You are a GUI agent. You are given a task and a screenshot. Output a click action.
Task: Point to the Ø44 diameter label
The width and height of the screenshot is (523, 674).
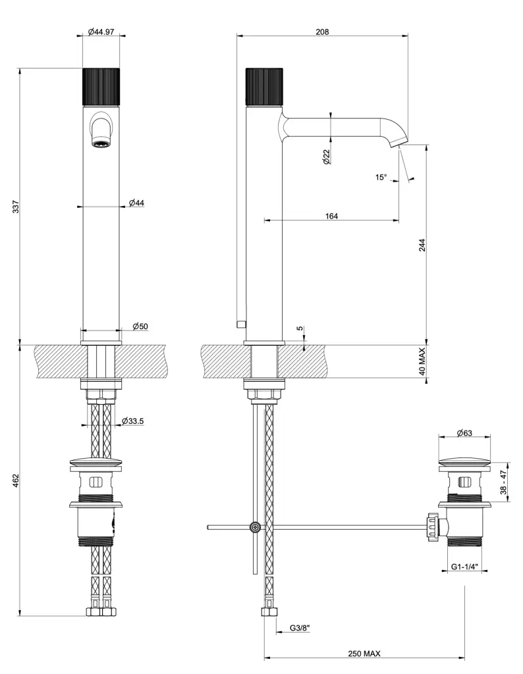pos(136,203)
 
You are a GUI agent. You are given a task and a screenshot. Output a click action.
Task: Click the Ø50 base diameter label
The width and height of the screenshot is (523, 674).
pos(140,326)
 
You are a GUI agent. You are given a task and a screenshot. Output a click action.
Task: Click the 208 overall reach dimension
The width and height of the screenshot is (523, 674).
pos(322,32)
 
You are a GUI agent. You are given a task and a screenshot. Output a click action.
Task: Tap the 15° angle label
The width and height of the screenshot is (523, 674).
pos(381,177)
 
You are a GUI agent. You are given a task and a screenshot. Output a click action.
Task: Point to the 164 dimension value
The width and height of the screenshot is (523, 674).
pos(331,217)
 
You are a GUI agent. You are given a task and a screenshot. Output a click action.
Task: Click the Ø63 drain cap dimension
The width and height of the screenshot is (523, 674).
pos(465,433)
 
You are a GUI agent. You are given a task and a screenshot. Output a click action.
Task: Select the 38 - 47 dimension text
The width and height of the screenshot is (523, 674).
pos(503,482)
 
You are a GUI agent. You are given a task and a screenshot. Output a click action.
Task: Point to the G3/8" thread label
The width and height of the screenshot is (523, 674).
pos(300,628)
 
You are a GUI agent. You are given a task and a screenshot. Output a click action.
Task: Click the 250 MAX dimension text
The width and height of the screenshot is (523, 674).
pos(365,654)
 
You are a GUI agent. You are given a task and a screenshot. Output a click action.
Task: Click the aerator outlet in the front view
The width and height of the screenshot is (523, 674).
pos(101,143)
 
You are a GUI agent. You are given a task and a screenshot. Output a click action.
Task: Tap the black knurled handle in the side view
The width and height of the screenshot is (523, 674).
pos(263,86)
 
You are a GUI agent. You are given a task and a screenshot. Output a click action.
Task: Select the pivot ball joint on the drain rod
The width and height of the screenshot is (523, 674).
pos(254,527)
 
